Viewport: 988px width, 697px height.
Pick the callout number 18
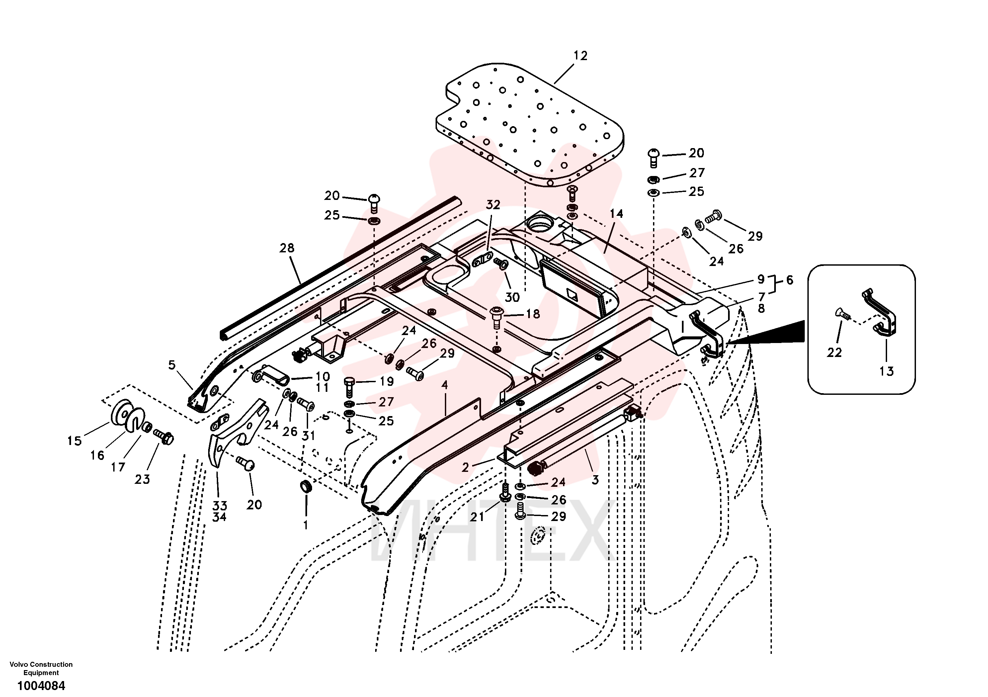click(533, 314)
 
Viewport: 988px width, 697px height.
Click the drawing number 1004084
click(41, 685)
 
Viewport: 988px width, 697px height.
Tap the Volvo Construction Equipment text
click(41, 668)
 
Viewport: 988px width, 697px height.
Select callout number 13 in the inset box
click(886, 371)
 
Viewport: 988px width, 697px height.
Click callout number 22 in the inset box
click(834, 353)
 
